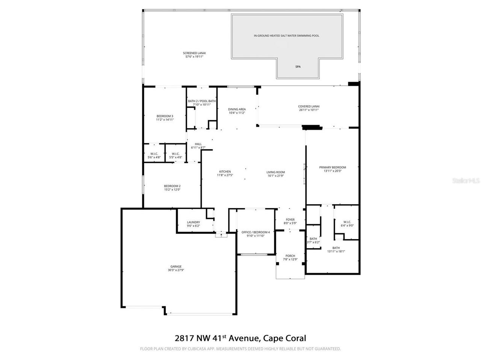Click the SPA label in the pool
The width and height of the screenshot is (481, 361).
pos(298,67)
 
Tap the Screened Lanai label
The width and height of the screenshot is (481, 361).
pos(194,53)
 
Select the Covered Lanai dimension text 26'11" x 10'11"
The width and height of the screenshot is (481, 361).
pos(309,110)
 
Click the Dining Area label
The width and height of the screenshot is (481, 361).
pos(237,109)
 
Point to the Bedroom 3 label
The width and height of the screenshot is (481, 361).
pos(165,116)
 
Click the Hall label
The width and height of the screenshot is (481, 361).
pos(198,144)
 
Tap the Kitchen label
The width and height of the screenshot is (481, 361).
pos(225,172)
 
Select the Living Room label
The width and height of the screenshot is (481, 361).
pos(275,172)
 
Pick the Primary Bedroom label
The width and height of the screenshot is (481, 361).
pos(333,167)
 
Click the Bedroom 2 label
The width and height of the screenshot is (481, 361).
pos(172,186)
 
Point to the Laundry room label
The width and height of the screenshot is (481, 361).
pos(194,222)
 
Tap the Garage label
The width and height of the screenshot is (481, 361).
pos(175,267)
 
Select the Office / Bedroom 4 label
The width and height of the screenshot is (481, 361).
pos(256,232)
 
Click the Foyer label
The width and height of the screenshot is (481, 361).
pos(290,220)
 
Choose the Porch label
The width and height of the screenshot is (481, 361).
pos(290,256)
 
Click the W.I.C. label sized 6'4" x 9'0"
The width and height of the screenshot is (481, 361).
pos(347,222)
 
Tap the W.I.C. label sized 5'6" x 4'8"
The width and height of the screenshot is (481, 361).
pos(154,154)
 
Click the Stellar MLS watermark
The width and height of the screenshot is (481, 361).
pos(466,181)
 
